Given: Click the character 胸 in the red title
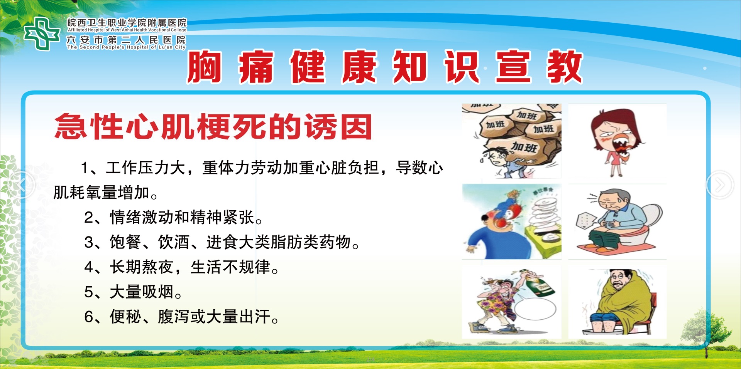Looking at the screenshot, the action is (205, 67).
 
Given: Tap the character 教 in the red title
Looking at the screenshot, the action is (564, 67).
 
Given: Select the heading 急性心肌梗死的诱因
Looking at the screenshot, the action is (213, 127).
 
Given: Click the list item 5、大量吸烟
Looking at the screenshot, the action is (133, 292).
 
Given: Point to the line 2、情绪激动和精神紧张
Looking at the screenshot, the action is (174, 217).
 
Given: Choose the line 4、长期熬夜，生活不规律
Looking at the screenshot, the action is (181, 267).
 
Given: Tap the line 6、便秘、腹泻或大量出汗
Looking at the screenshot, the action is (181, 317).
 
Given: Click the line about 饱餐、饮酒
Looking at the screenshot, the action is (222, 242).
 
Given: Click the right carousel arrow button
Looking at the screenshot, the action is (720, 185).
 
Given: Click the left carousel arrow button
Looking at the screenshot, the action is (22, 185).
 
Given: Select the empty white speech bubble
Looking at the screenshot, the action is (535, 309).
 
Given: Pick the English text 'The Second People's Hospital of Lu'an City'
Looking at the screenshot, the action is (126, 47).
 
